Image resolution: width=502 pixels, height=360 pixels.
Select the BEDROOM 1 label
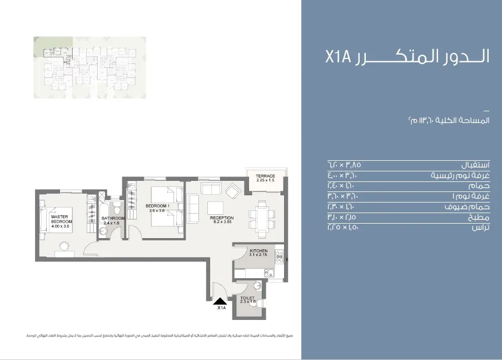pyautogui.click(x=157, y=206)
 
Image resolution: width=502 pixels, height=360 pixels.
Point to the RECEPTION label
pyautogui.click(x=222, y=218)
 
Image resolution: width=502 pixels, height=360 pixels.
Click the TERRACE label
pyautogui.click(x=266, y=176)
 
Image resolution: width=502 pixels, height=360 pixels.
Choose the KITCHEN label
pyautogui.click(x=259, y=251)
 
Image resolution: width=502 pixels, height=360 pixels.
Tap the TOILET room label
pyautogui.click(x=247, y=298)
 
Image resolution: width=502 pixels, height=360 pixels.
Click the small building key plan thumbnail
pyautogui.click(x=90, y=67)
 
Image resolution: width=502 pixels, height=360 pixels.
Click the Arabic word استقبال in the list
pyautogui.click(x=475, y=165)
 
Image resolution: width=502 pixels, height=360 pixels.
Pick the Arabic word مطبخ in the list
pyautogui.click(x=480, y=218)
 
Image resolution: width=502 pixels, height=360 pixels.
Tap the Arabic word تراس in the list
pyautogui.click(x=480, y=228)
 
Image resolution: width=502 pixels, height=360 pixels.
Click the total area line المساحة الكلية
pyautogui.click(x=448, y=120)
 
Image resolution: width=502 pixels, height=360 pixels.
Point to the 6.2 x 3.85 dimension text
pyautogui.click(x=222, y=223)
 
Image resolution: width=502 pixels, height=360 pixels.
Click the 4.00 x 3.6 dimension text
pyautogui.click(x=59, y=226)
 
